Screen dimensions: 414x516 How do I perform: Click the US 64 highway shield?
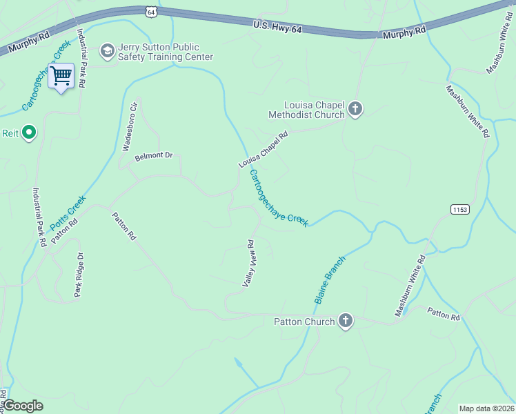pos(152,12)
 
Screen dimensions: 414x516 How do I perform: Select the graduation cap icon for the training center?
pos(107,50)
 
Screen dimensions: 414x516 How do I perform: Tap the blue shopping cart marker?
pos(61,77)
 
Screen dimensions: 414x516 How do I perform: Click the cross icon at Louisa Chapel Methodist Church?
pos(355,109)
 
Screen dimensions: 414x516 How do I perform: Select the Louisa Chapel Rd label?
pos(262,150)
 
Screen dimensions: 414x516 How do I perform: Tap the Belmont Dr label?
pos(153,156)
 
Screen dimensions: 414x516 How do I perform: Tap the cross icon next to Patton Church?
pos(346,321)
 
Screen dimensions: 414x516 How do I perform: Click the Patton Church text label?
pos(304,322)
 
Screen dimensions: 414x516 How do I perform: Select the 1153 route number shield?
pos(459,208)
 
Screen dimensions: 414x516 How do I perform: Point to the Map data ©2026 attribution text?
pos(486,408)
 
